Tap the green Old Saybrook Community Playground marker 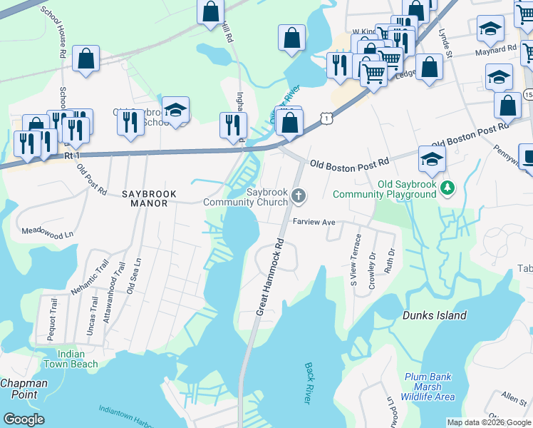(447, 188)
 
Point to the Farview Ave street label (314, 223)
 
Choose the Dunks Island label (434, 315)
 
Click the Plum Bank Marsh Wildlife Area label (429, 387)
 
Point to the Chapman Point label (24, 389)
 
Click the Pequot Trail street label (52, 320)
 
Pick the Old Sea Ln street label (130, 276)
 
